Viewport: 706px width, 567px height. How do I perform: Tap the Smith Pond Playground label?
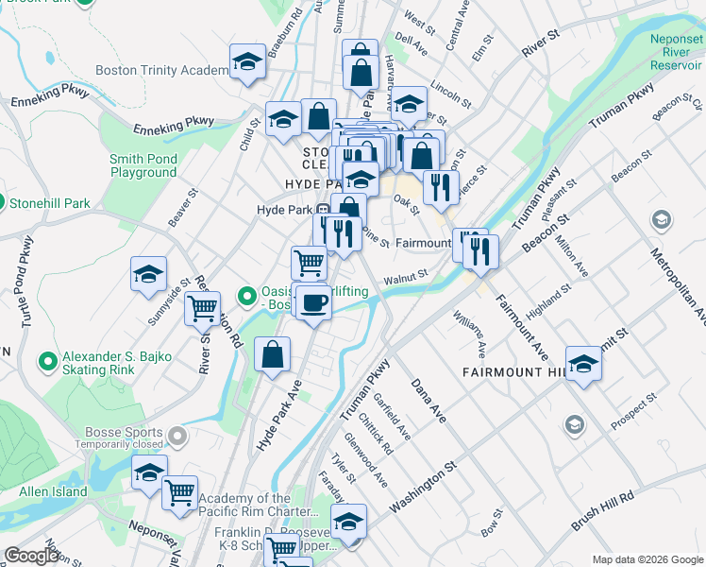tap(143, 166)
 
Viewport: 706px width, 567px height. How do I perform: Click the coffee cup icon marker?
tap(313, 302)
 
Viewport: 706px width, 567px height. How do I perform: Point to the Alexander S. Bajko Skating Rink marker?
tap(46, 362)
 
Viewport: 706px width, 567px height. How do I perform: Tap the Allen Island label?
tap(53, 491)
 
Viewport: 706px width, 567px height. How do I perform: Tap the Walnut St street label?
tap(406, 278)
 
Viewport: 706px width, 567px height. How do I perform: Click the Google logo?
tap(31, 556)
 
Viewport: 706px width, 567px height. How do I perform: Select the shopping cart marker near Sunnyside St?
tap(202, 307)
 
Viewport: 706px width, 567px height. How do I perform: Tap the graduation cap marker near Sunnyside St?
tap(148, 274)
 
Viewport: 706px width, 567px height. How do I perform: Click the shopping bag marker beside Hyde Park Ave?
tap(272, 355)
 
